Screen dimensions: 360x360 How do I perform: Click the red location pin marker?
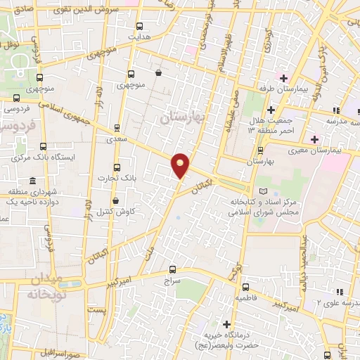click(x=181, y=165)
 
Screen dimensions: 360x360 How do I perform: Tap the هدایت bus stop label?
click(x=139, y=35)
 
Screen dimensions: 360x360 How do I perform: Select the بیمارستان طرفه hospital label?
click(x=283, y=89)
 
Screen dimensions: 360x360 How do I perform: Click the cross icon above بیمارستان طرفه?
click(x=283, y=77)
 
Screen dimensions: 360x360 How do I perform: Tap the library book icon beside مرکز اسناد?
click(x=264, y=191)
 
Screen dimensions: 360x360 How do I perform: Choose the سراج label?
click(x=173, y=281)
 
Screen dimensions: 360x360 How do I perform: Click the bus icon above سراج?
click(x=173, y=269)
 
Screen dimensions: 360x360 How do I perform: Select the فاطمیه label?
click(x=245, y=298)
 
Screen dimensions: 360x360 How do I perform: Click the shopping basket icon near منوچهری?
click(x=158, y=72)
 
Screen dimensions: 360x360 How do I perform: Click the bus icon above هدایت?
click(x=139, y=25)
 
